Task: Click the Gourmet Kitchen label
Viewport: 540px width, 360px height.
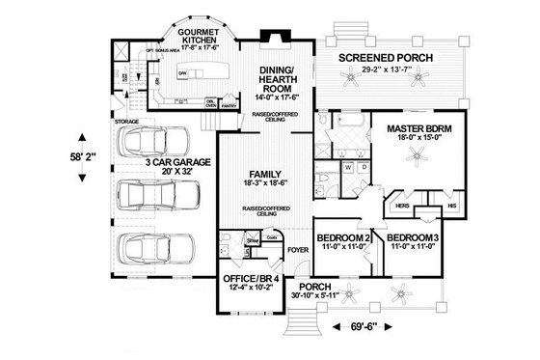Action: tap(183, 35)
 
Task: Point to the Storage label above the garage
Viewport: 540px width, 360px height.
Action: tap(126, 122)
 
